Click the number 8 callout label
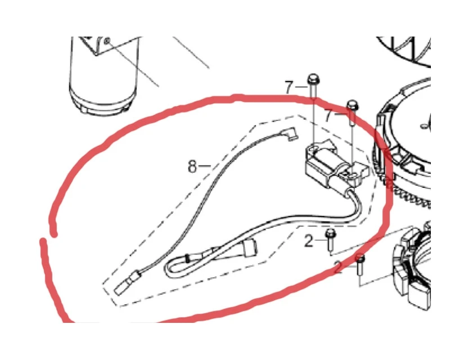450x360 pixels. (x=192, y=166)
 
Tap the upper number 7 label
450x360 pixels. (x=289, y=87)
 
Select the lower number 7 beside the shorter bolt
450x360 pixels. (x=329, y=116)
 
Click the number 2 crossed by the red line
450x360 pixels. (x=339, y=267)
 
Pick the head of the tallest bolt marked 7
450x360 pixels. (x=313, y=79)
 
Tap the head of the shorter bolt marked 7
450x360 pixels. (x=353, y=105)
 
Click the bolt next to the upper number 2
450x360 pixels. (x=330, y=239)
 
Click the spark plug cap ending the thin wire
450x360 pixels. (x=289, y=133)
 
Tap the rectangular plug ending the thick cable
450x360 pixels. (x=250, y=247)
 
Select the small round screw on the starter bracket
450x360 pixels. (x=107, y=41)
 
